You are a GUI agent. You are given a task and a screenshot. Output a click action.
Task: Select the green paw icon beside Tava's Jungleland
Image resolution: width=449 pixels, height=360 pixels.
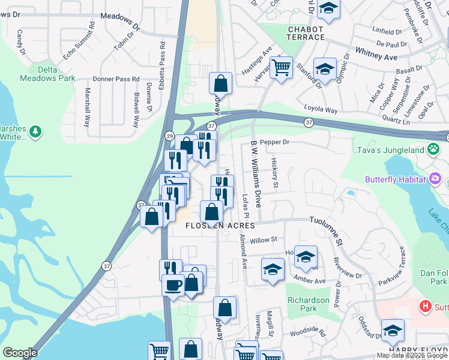[x=433, y=148]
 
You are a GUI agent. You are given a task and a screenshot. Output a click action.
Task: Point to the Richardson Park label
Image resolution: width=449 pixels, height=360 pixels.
[x=309, y=304]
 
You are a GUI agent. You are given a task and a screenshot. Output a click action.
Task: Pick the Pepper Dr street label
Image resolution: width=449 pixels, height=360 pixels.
[x=276, y=142]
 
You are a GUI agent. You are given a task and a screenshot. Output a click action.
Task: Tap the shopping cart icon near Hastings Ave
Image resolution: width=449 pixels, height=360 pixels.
[x=280, y=67]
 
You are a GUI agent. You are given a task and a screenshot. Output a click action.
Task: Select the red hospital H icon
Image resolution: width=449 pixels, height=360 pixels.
[x=426, y=307]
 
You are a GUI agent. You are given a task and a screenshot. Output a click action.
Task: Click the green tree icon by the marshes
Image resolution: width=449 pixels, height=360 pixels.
[x=35, y=131]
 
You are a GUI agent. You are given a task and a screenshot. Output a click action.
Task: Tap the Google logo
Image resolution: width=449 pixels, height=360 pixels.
[x=20, y=353]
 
